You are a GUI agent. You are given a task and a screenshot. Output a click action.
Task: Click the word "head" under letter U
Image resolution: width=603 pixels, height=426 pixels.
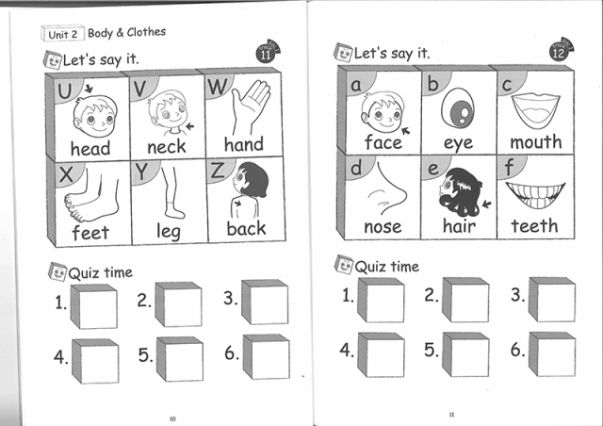pos(90,148)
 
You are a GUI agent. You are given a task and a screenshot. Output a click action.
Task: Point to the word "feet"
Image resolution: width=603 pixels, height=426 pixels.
pos(90,231)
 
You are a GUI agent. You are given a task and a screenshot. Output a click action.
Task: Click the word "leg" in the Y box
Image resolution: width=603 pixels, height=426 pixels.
pos(168,231)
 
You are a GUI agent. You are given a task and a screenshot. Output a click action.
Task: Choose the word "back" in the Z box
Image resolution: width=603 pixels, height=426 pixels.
pos(246,228)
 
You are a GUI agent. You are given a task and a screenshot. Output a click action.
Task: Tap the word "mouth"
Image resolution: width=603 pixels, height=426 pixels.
pos(536,142)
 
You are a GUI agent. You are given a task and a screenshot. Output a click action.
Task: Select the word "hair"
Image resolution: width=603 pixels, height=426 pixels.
pos(459,226)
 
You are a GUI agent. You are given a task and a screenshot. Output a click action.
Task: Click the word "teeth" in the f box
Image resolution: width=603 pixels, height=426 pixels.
pos(535,226)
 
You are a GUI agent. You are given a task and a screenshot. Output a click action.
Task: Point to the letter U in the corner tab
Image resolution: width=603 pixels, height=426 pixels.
pos(65,91)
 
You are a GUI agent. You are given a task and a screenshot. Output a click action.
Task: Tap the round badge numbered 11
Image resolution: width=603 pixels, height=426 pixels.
pos(266,55)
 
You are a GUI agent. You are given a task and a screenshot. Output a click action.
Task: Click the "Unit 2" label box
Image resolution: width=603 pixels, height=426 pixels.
pos(64,34)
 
